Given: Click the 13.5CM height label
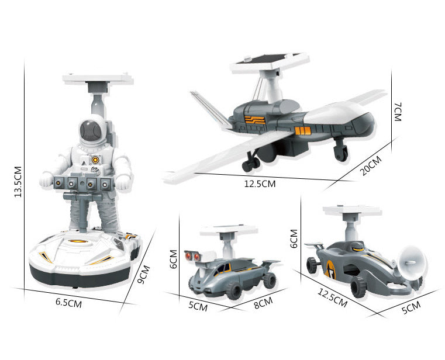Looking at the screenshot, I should pos(18,181).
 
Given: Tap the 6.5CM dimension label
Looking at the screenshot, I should pos(69,302).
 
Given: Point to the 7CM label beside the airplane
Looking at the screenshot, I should pos(397,111).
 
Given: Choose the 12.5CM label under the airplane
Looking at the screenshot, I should pos(260,184).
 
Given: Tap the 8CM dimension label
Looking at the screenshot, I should pos(263,302).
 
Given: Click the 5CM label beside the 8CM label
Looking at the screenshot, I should pos(198,306).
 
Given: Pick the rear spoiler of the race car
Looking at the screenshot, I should pos(316,244).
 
